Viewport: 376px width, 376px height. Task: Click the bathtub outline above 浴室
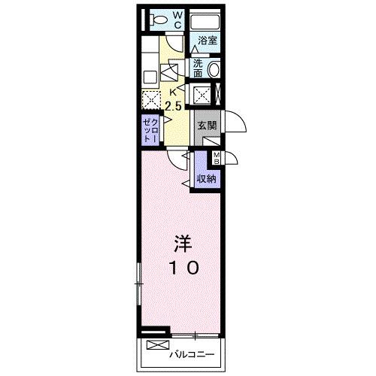(205, 22)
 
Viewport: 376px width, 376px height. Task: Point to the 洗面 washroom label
(198, 68)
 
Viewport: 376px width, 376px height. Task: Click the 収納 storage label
(207, 179)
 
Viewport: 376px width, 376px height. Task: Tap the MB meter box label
(217, 158)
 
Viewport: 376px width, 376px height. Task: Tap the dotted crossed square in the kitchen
(151, 99)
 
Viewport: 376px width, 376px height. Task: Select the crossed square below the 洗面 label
(202, 94)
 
